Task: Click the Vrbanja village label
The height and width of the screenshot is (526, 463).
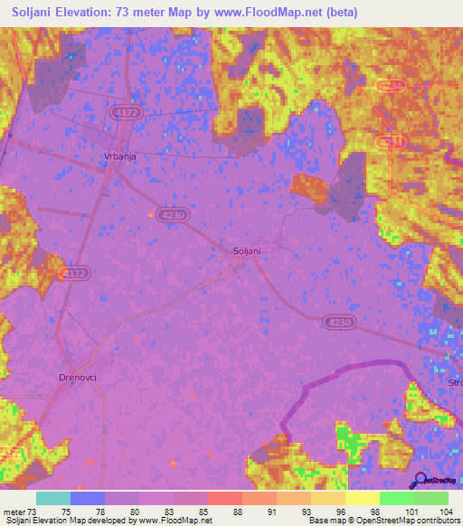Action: tap(118, 155)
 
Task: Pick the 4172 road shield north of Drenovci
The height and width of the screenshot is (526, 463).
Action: tap(73, 272)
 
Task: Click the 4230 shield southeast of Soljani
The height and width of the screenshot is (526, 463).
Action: tap(335, 322)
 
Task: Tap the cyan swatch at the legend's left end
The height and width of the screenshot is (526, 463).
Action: tap(53, 498)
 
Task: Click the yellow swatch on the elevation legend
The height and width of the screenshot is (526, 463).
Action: tap(362, 498)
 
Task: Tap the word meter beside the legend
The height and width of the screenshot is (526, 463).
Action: tap(15, 512)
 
